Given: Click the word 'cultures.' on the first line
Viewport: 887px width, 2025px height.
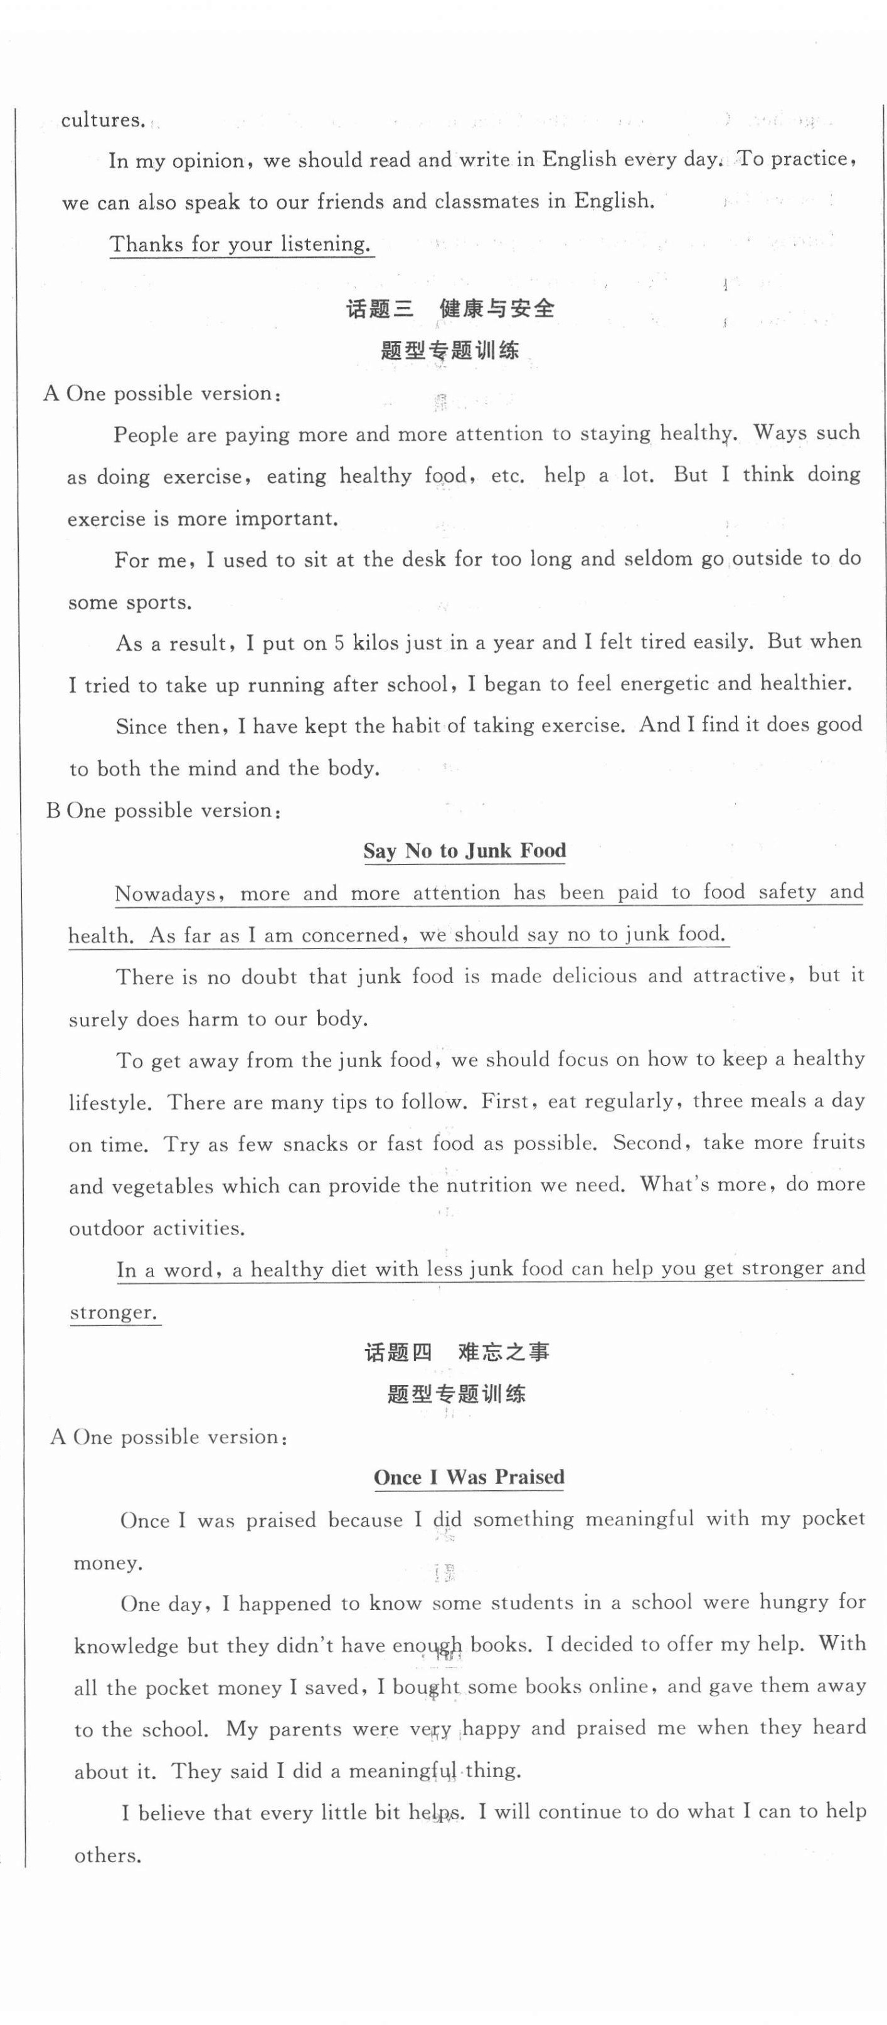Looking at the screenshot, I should (102, 120).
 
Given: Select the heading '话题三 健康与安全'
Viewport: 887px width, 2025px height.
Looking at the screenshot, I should (450, 308).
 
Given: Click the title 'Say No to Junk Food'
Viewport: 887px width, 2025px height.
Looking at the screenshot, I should (464, 851).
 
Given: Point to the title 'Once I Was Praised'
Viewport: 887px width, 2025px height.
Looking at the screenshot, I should (469, 1477).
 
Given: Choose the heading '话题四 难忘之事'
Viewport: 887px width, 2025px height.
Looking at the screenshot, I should (457, 1352).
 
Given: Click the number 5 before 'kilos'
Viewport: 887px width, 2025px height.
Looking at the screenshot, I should (339, 643).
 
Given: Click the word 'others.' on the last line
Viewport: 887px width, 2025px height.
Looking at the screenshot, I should (108, 1856).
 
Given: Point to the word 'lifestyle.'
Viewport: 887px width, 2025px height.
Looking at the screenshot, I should (109, 1102).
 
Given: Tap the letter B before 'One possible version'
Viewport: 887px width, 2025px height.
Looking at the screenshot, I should (53, 811).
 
